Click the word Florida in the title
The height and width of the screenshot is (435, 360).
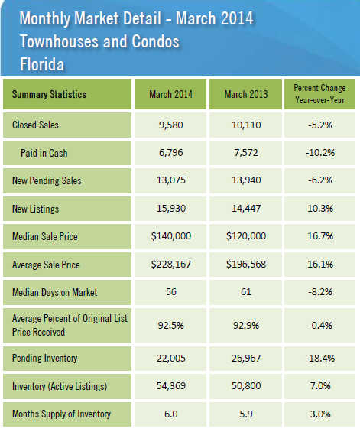click(42, 64)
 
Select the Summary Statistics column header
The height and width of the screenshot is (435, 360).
click(49, 94)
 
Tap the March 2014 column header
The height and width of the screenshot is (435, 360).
click(171, 94)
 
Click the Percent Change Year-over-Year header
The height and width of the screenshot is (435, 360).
click(319, 94)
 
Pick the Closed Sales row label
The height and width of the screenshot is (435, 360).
click(35, 125)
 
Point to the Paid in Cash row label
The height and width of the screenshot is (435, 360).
click(44, 153)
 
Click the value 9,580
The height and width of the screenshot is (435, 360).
click(171, 125)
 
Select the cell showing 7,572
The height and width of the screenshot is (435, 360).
click(246, 153)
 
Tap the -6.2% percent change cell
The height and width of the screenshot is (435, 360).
click(320, 180)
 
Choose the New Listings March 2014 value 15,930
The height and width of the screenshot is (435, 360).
click(171, 209)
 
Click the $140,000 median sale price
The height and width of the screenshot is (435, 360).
click(171, 236)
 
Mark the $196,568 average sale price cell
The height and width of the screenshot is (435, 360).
click(246, 264)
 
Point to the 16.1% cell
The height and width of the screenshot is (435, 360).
click(320, 264)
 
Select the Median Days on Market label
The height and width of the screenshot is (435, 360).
click(54, 292)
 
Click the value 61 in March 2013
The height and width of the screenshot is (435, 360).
click(246, 292)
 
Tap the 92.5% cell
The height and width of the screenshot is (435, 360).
click(171, 325)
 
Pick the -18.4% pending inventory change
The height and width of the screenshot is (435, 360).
click(320, 358)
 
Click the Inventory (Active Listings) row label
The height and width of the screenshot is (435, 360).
click(60, 386)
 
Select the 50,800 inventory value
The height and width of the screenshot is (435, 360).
click(246, 386)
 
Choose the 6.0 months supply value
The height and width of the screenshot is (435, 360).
click(171, 414)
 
